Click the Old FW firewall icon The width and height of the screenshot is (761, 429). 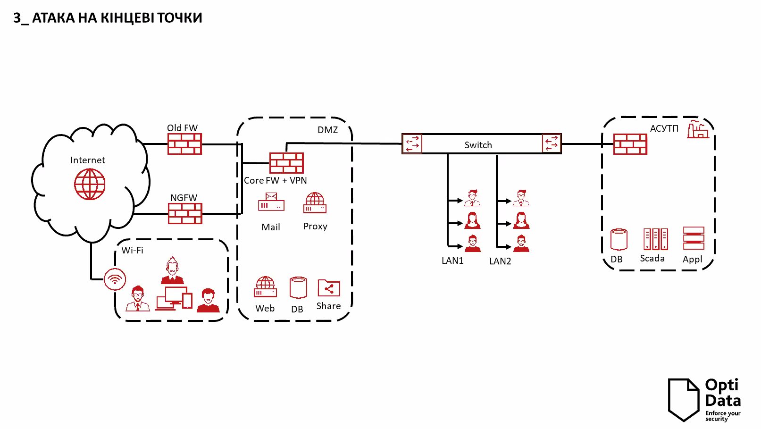[184, 144]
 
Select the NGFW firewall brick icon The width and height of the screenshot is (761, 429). [185, 213]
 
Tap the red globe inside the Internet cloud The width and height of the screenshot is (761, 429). [90, 184]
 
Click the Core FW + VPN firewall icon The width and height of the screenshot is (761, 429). [286, 163]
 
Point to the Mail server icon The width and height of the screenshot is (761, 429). [271, 202]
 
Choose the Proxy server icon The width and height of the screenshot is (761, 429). [315, 203]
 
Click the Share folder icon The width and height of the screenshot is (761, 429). [329, 288]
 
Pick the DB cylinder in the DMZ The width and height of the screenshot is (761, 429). [298, 288]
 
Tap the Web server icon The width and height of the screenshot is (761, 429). [265, 287]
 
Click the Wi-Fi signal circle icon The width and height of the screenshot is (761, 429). [115, 279]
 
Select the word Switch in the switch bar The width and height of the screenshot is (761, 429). [478, 145]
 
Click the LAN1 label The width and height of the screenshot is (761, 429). [452, 261]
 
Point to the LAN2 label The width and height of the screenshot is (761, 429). [500, 261]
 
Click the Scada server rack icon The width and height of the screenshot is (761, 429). [656, 239]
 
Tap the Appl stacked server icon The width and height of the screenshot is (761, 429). [694, 238]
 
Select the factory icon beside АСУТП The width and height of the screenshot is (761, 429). [698, 129]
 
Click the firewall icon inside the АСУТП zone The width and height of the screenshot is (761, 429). [630, 144]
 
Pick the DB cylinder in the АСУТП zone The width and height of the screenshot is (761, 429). [619, 239]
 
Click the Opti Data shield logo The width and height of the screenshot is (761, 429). [683, 399]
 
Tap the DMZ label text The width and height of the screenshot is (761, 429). [327, 130]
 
